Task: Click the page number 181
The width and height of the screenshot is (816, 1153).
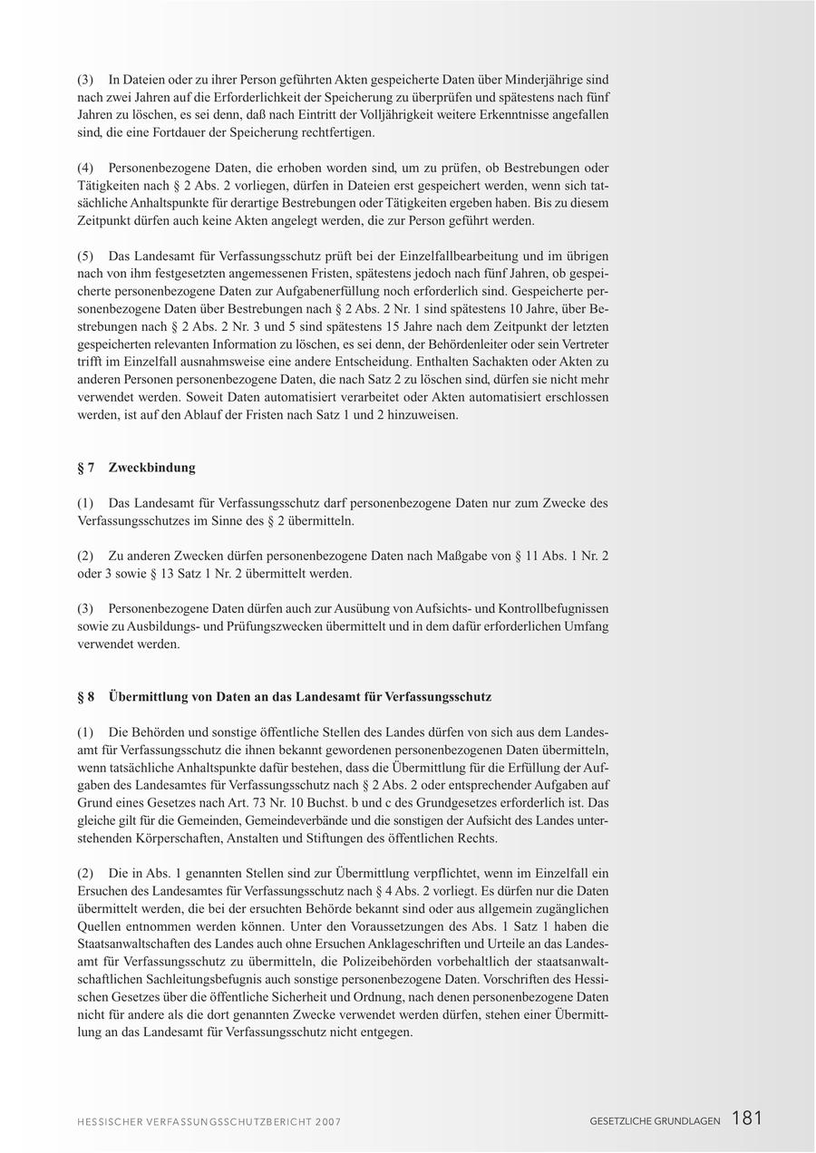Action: [747, 1119]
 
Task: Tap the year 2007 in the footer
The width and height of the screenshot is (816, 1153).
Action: [328, 1122]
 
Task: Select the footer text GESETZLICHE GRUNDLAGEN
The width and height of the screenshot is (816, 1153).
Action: [655, 1121]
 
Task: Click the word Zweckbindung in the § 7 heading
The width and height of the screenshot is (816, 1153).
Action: [151, 468]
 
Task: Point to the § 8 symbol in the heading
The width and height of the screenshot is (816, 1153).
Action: [86, 697]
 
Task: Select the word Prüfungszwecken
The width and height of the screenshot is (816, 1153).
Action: [265, 626]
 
